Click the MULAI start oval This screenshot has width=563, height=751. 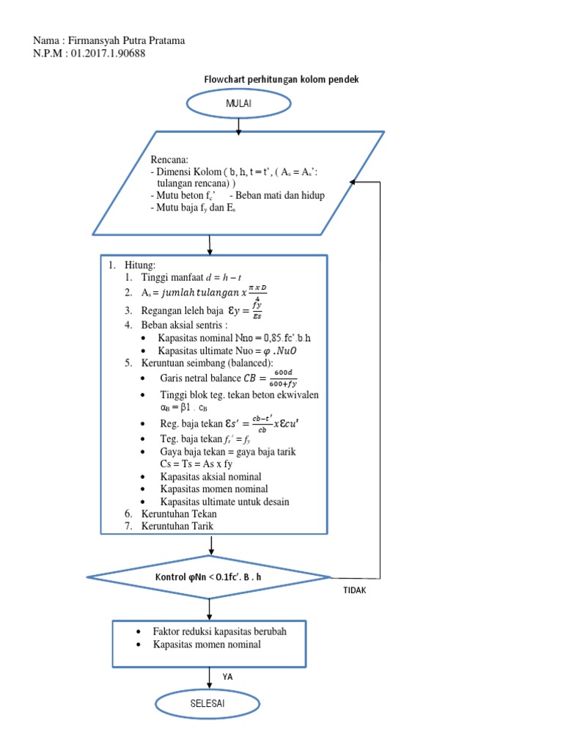239,105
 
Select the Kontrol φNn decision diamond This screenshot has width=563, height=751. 209,577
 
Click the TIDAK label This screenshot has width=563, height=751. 354,590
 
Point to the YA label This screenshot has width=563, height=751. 228,677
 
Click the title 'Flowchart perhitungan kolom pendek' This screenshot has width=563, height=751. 281,79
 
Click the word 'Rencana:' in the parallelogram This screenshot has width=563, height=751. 169,159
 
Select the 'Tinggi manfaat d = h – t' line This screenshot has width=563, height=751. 188,277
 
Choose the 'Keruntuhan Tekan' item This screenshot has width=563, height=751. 180,514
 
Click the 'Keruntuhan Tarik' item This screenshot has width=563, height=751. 178,526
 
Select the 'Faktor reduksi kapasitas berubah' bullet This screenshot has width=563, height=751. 219,631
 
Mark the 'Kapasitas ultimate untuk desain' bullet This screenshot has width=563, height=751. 224,502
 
